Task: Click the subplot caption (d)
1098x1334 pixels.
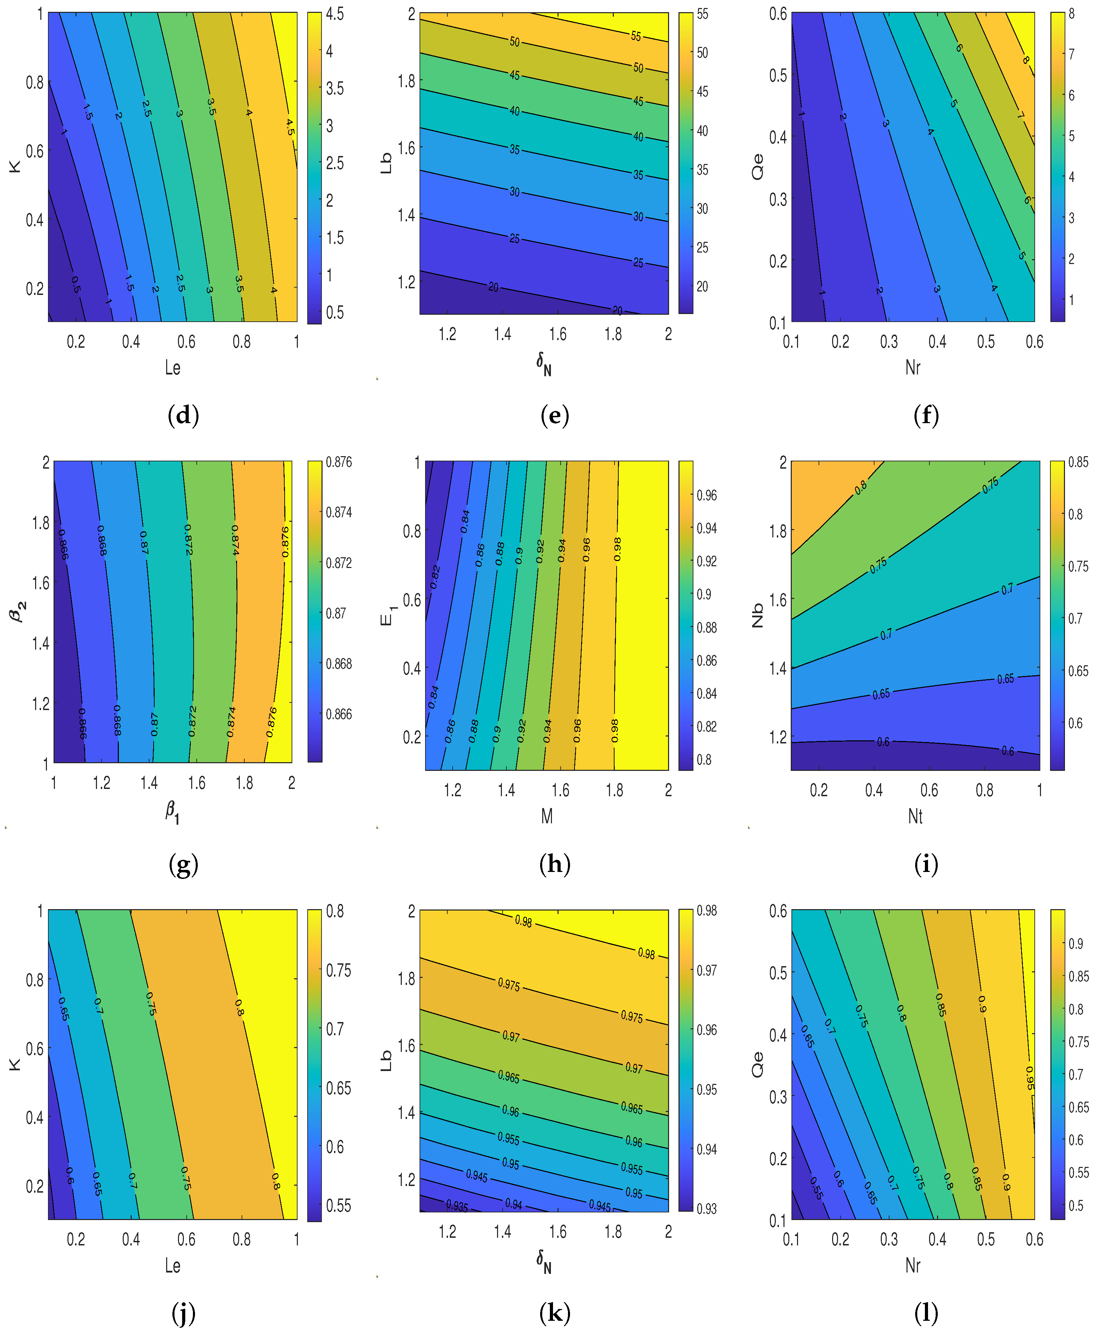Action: click(x=184, y=415)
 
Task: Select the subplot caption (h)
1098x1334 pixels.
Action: click(x=555, y=864)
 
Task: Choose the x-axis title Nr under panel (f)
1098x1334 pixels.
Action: click(x=913, y=367)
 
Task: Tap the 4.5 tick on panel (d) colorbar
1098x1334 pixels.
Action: click(x=335, y=14)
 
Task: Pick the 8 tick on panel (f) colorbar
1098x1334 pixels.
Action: click(x=1072, y=14)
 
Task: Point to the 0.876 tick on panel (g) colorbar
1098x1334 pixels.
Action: click(x=339, y=462)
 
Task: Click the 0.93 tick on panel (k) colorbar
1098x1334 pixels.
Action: click(x=707, y=1209)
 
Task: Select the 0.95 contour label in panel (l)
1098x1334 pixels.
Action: click(x=1030, y=1078)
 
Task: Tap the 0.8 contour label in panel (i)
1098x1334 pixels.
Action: click(x=861, y=487)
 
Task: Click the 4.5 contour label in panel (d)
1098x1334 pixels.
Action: click(x=290, y=127)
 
